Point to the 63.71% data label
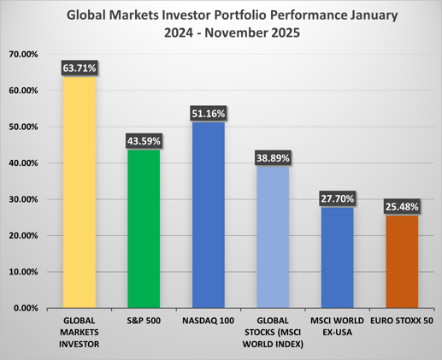79,68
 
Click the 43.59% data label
143,140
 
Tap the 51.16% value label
208,113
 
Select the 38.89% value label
272,157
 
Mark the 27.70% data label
336,198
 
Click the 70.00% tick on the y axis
25,54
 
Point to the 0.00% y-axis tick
27,308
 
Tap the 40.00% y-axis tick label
25,162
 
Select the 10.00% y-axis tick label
25,272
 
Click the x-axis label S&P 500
143,320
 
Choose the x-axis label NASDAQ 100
208,320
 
